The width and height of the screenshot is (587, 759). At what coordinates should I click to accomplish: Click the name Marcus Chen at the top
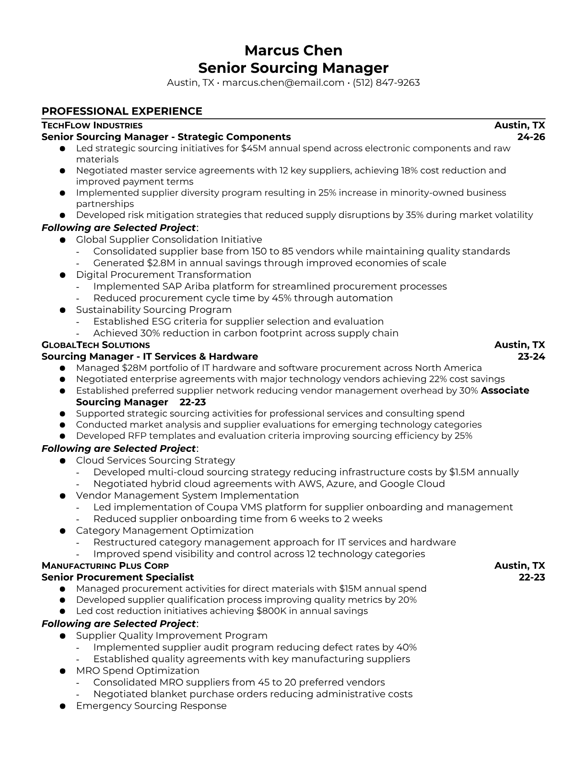(x=293, y=50)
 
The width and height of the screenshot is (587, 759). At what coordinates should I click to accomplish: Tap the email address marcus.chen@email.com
(x=283, y=82)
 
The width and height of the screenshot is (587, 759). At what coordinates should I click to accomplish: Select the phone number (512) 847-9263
(x=386, y=82)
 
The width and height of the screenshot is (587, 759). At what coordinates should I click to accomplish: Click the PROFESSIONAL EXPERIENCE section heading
(x=122, y=111)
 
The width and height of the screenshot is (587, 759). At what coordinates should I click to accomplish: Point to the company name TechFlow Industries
(x=92, y=126)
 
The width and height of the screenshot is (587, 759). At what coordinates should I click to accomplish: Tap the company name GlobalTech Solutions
(x=95, y=345)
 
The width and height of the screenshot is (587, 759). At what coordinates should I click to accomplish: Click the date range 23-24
(x=531, y=356)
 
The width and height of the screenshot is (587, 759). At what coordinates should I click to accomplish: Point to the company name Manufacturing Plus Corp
(x=105, y=566)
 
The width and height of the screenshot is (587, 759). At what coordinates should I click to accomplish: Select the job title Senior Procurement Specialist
(x=118, y=577)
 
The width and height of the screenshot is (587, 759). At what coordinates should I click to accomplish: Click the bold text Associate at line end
(x=505, y=391)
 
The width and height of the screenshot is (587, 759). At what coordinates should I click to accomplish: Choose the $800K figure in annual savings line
(x=271, y=611)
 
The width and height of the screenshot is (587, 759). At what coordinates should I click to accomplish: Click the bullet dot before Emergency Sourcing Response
(x=62, y=706)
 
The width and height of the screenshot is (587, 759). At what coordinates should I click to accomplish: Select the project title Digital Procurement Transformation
(x=164, y=275)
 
